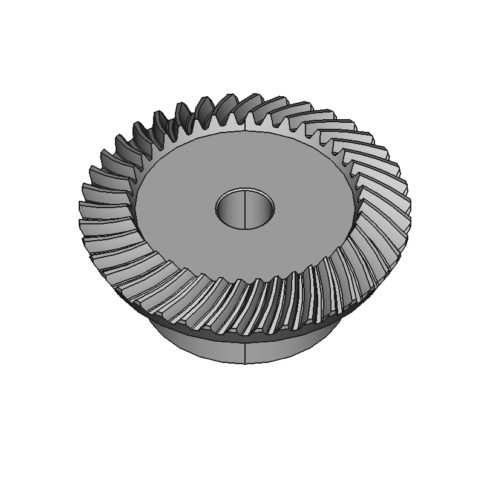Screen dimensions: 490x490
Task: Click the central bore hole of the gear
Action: (244, 209)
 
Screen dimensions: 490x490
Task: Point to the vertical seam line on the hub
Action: (244, 351)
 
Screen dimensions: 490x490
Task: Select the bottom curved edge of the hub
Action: (244, 364)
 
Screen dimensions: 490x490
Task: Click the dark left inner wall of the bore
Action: (225, 208)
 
